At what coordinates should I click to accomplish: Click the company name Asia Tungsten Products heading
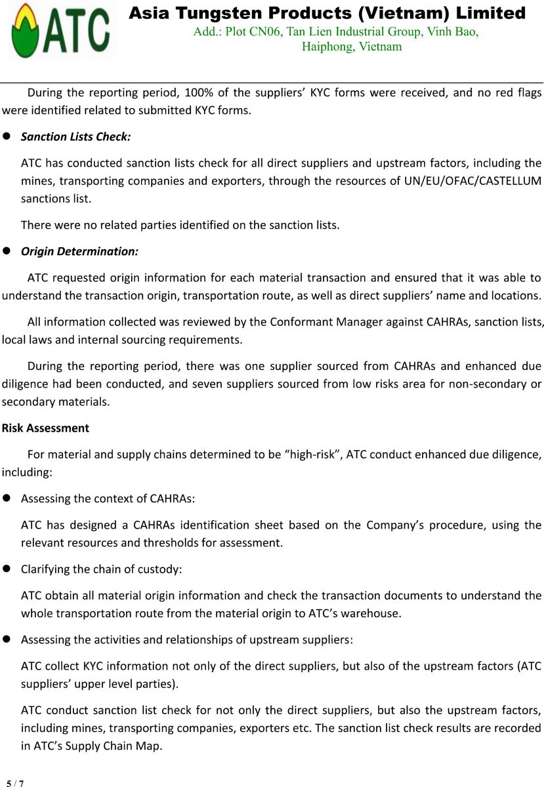[x=327, y=13]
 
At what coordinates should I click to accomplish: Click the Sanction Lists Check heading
[x=76, y=136]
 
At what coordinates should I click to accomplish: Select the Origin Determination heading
[x=79, y=251]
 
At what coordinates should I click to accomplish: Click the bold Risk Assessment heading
[x=45, y=428]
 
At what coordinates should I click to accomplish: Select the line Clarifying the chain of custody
[x=101, y=569]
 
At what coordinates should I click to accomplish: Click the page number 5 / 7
[x=15, y=783]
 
